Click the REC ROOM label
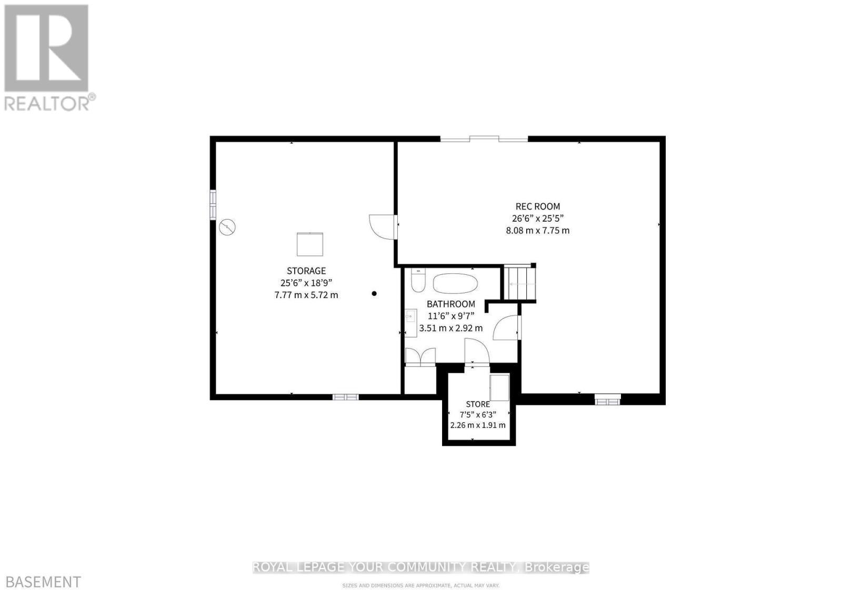[x=537, y=206]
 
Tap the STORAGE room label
[x=306, y=271]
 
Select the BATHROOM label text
[x=450, y=304]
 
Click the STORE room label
[x=477, y=404]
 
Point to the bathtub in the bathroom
[x=455, y=283]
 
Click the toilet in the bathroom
[x=418, y=280]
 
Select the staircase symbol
[x=520, y=283]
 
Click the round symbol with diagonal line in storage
[x=227, y=227]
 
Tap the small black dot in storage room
[x=374, y=293]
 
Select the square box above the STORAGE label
[x=310, y=244]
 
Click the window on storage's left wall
[x=213, y=204]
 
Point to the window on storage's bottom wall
[x=346, y=396]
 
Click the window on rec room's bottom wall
[x=608, y=401]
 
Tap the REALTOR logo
[x=48, y=57]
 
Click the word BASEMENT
[x=41, y=582]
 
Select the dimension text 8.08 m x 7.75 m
[x=537, y=230]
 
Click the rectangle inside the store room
[x=499, y=388]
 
